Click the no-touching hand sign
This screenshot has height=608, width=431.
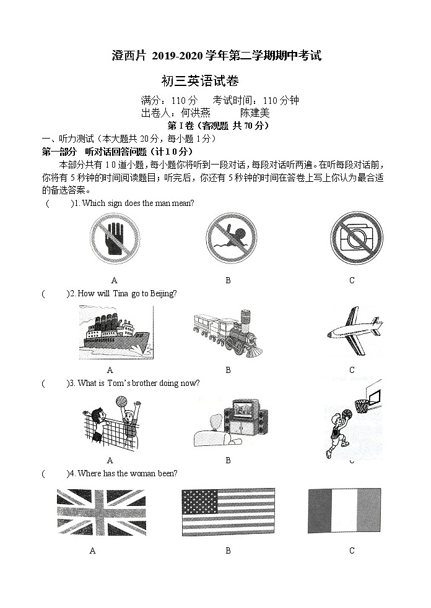click(x=115, y=238)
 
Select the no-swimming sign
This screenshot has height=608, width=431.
click(x=228, y=239)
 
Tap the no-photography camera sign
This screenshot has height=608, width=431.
click(x=352, y=238)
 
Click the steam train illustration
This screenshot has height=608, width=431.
click(x=228, y=333)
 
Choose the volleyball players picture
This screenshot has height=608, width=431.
click(x=111, y=424)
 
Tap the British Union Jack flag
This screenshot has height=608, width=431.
click(x=93, y=512)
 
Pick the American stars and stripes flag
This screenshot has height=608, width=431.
click(x=229, y=512)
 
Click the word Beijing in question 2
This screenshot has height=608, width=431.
click(x=164, y=293)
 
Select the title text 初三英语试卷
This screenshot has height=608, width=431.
click(x=199, y=81)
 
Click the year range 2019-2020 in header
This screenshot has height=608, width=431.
click(x=179, y=56)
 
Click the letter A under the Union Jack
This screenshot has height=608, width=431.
click(x=92, y=550)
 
